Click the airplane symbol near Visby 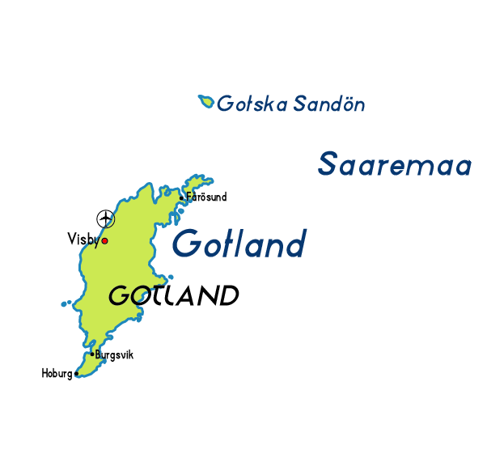click(105, 218)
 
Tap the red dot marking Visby click(104, 240)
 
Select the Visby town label click(83, 239)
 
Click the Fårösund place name click(206, 197)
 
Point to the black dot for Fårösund click(182, 197)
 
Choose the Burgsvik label click(114, 354)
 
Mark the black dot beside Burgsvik click(92, 354)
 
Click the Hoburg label click(57, 374)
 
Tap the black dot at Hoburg click(77, 374)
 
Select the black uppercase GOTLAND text click(173, 295)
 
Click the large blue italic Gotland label click(239, 243)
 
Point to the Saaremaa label click(395, 164)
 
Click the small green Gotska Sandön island click(206, 102)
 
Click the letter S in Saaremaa click(328, 163)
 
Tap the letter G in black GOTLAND click(119, 296)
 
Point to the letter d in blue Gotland click(294, 243)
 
